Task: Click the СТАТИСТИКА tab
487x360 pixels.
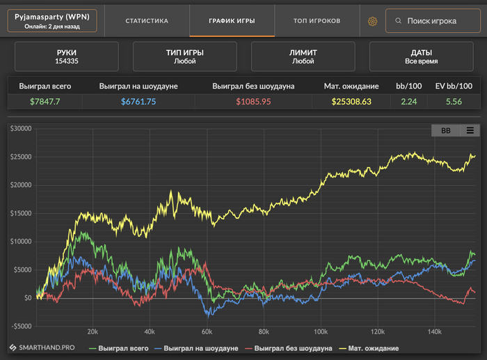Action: click(147, 21)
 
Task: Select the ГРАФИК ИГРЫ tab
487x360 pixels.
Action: click(232, 21)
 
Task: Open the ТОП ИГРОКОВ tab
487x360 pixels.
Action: click(317, 21)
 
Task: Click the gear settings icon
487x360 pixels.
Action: click(372, 22)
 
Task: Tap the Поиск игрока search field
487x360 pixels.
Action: click(431, 21)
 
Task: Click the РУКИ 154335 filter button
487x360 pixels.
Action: click(67, 56)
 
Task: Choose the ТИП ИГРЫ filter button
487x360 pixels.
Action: click(185, 56)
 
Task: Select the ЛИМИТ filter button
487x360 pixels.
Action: click(303, 56)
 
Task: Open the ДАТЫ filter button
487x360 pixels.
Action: click(422, 56)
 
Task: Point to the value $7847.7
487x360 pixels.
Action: click(45, 102)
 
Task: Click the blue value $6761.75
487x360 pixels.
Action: click(138, 102)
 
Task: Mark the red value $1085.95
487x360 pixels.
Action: click(253, 102)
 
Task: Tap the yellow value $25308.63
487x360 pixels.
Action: click(351, 102)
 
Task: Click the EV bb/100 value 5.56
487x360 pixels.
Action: click(454, 102)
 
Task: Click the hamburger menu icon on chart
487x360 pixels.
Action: click(470, 130)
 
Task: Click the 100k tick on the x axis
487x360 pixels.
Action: click(321, 331)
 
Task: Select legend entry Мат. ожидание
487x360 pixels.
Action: click(373, 347)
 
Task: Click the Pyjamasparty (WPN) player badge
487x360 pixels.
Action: click(53, 21)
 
